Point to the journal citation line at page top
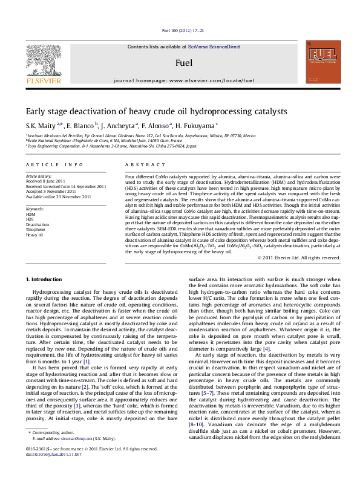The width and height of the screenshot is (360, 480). click(x=180, y=30)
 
